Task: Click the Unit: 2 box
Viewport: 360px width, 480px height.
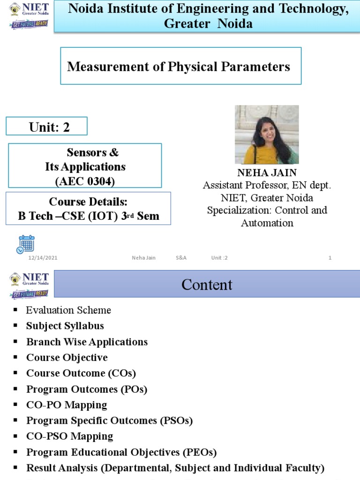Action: tap(46, 127)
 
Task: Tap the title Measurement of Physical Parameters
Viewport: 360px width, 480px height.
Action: tap(179, 67)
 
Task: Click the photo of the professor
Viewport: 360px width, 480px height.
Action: tap(266, 135)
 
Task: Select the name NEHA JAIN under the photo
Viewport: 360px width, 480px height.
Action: tap(267, 173)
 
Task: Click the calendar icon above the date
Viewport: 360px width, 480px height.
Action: tap(26, 244)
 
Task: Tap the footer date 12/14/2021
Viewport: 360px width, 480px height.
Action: tap(43, 258)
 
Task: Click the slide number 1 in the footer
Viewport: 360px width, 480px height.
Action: tap(330, 258)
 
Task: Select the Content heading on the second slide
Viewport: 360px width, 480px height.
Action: tap(207, 285)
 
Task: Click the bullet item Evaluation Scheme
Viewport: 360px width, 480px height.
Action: tap(68, 310)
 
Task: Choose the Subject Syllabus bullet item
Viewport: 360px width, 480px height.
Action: tap(65, 326)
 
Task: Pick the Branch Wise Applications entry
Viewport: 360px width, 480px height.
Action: tap(87, 342)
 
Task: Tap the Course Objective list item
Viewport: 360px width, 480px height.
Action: tap(67, 358)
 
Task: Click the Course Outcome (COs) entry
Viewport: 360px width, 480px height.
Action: tap(81, 374)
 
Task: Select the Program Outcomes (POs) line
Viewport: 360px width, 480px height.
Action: tap(87, 389)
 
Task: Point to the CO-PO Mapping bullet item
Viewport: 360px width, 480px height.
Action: tap(67, 405)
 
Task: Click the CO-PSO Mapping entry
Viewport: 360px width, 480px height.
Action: tap(70, 436)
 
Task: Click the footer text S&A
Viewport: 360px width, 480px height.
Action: tap(181, 258)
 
